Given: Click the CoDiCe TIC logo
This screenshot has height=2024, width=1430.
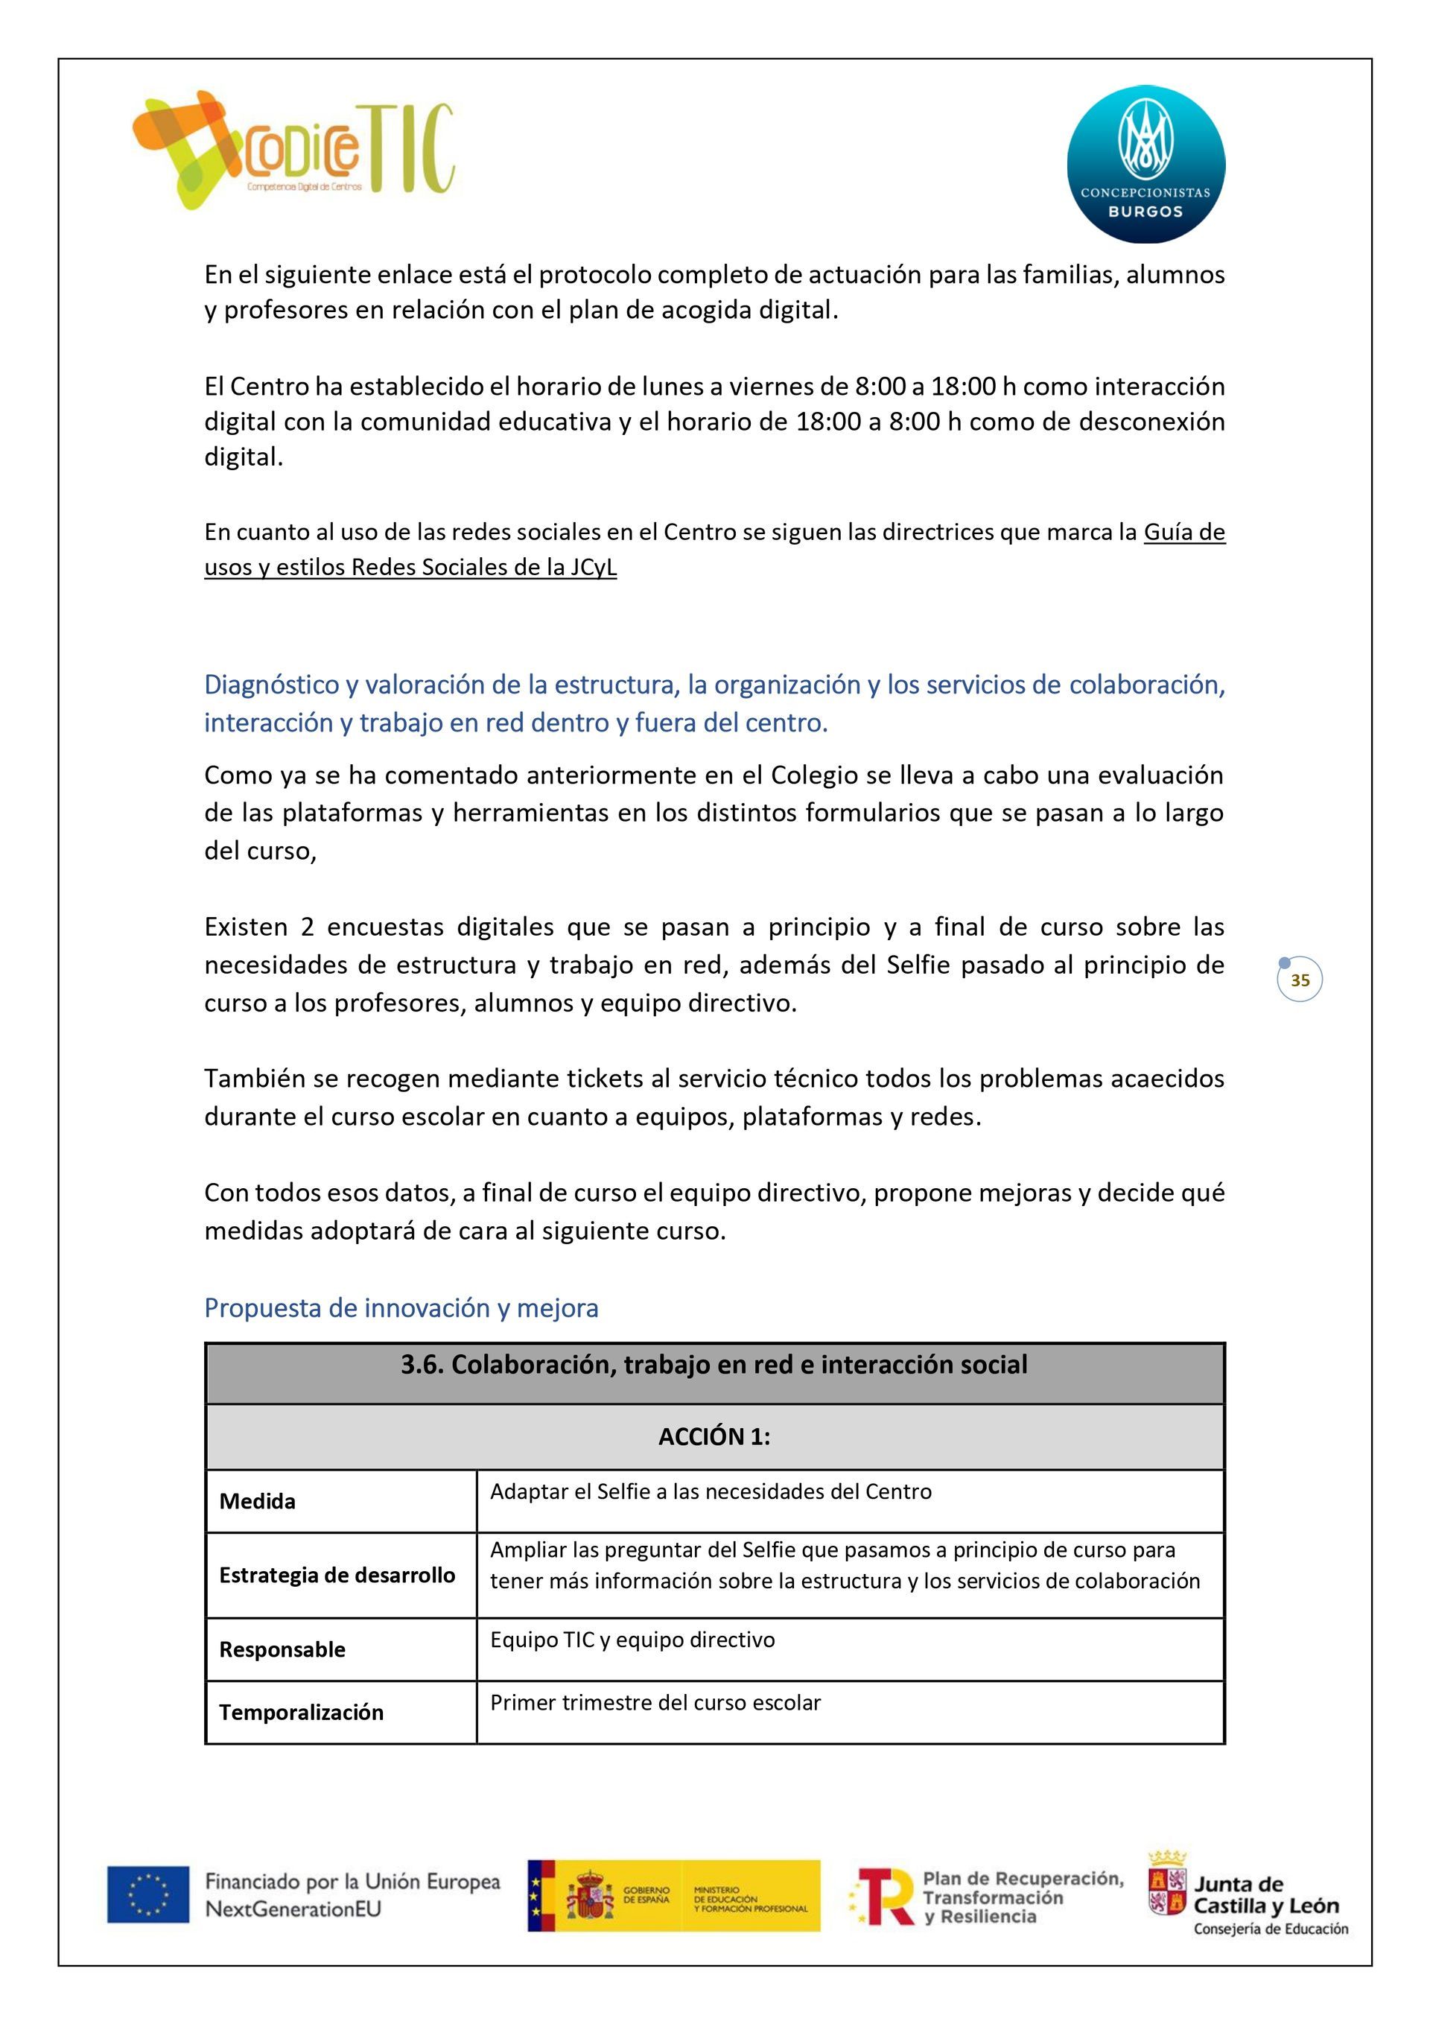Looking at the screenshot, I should [x=293, y=150].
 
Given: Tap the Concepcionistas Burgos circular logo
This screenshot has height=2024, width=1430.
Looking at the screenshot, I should [x=1145, y=164].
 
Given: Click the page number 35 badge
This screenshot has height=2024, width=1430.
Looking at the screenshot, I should [x=1300, y=980].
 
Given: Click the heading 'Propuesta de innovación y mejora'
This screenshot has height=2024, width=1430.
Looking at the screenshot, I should [x=401, y=1307].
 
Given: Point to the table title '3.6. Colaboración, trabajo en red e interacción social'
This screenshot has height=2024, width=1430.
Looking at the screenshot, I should [x=714, y=1365].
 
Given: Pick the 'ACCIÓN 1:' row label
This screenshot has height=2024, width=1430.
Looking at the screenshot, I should [x=714, y=1437].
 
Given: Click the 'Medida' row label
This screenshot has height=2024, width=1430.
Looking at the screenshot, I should [x=258, y=1501].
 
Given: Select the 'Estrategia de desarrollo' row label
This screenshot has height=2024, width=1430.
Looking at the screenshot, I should [x=337, y=1576].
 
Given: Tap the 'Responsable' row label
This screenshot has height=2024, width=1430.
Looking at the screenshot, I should [x=282, y=1649].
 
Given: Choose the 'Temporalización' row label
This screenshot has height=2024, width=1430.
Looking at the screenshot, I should [x=302, y=1712].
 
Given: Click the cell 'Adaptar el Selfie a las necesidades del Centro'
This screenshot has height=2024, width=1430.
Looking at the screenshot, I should [x=711, y=1491].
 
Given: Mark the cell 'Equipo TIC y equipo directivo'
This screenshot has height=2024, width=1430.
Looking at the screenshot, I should [x=632, y=1640].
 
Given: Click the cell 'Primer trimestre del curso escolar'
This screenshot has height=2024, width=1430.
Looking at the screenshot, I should [x=655, y=1702].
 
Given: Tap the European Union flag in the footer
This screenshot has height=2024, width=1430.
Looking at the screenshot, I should [x=148, y=1894].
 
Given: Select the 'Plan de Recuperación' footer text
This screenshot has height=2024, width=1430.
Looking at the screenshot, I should [x=1023, y=1879].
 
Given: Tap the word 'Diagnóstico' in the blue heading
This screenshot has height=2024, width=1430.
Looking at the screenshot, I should [x=272, y=684].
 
